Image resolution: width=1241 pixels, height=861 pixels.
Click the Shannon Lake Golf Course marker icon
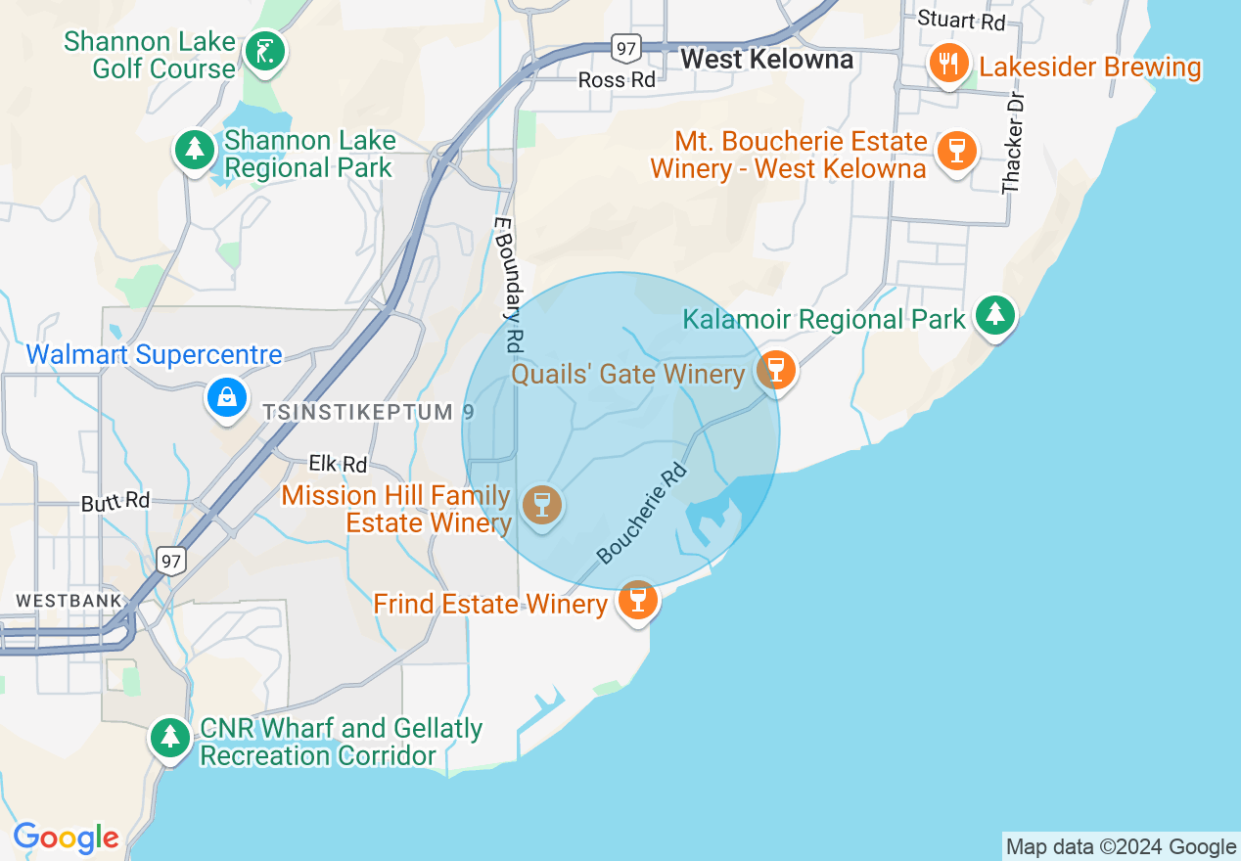tap(262, 51)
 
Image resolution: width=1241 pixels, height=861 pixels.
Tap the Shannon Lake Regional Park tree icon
tap(196, 150)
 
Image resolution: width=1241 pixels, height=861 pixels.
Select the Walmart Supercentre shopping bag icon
tap(227, 397)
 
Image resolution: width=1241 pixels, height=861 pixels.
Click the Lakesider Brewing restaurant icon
tap(947, 65)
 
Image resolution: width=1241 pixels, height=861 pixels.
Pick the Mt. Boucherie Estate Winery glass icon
tap(956, 151)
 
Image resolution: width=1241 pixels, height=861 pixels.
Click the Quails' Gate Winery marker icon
tap(776, 370)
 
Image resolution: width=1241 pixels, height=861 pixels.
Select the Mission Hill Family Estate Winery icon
tap(541, 505)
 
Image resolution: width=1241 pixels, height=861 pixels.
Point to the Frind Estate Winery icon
tap(638, 599)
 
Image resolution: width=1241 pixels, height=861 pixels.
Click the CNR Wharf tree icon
tap(171, 737)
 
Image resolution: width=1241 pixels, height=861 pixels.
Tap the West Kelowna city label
tap(766, 59)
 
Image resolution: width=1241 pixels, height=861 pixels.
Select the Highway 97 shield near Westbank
tap(170, 560)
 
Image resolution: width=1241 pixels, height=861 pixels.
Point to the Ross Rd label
tap(617, 80)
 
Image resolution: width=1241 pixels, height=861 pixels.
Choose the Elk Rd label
tap(338, 464)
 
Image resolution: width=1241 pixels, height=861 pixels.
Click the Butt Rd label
tap(115, 502)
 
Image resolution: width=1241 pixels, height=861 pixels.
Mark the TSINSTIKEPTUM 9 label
tap(368, 412)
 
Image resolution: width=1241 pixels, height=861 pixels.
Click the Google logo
tap(66, 838)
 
